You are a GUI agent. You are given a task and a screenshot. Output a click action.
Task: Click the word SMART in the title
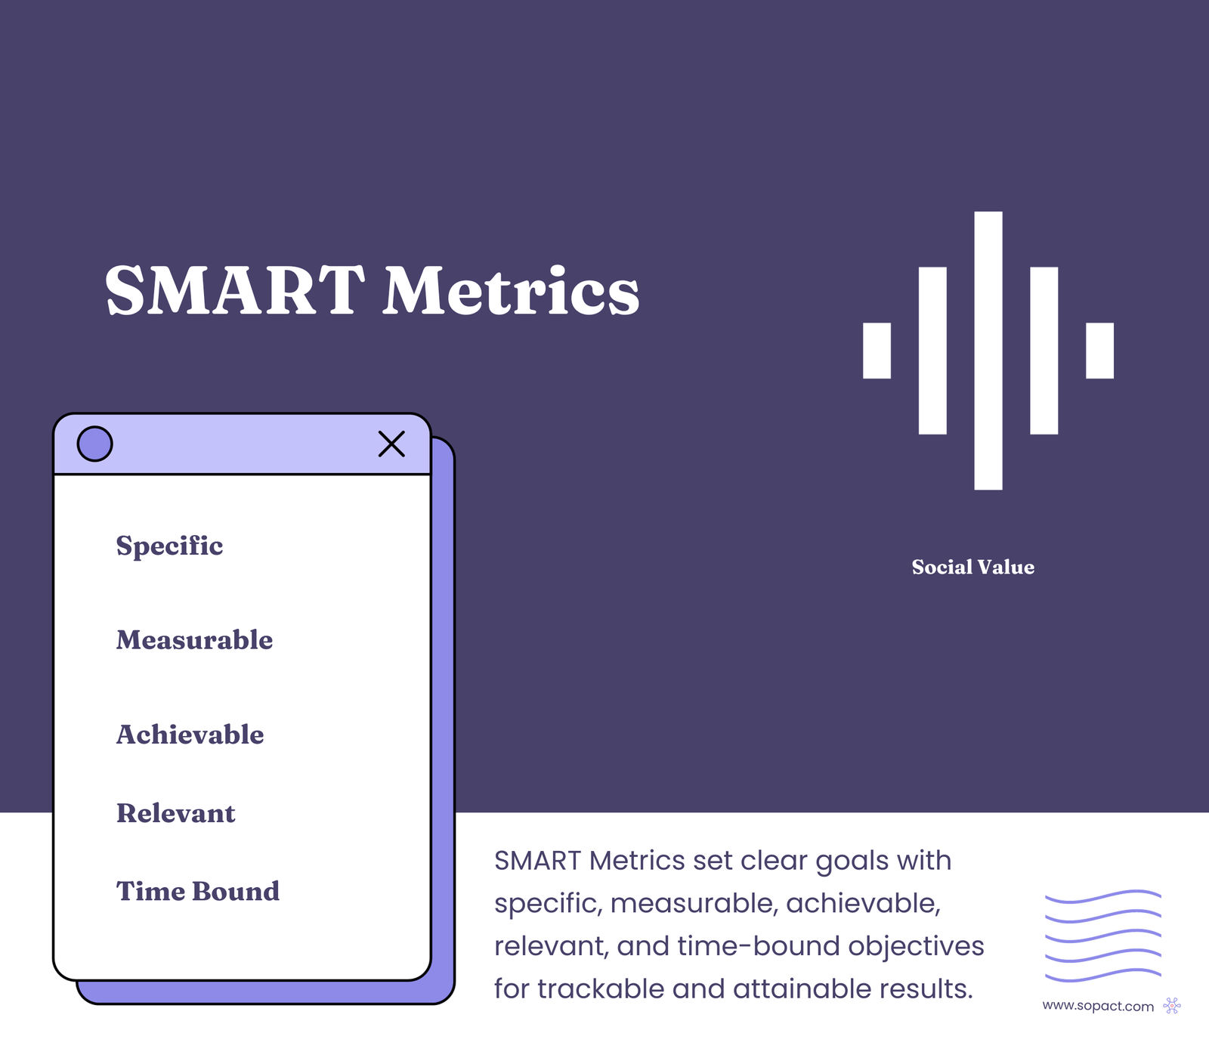234,291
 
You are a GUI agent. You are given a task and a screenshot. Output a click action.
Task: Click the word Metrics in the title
511,291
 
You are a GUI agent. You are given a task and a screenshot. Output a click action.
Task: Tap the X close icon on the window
391,444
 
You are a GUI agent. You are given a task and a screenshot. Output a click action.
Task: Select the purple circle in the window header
95,444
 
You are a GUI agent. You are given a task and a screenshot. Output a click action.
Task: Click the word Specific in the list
169,546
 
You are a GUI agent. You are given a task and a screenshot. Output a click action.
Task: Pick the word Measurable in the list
194,640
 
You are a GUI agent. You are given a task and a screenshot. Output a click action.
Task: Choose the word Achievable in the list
190,735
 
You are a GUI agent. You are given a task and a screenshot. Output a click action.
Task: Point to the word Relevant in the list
175,813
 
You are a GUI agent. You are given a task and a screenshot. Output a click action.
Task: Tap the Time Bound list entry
197,892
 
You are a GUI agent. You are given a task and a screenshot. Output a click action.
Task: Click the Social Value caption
972,568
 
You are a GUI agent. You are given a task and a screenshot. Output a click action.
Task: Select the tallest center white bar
988,351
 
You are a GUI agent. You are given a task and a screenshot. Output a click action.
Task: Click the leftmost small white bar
877,351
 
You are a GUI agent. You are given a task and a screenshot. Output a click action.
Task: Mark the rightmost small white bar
1099,351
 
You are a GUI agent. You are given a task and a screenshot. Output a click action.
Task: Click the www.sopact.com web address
1097,1007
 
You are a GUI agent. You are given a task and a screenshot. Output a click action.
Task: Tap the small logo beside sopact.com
1172,1006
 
